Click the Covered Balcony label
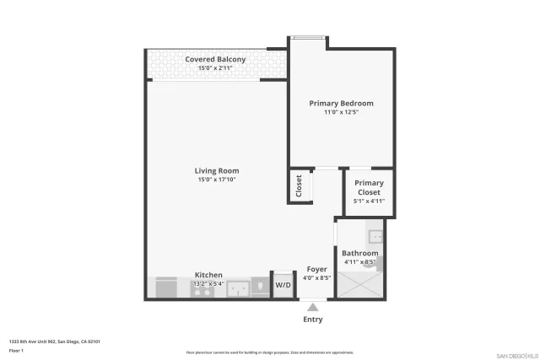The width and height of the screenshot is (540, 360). (216, 59)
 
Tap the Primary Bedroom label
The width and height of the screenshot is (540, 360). (341, 104)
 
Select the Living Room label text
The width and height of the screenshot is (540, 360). (217, 171)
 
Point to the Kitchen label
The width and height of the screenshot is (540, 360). (208, 275)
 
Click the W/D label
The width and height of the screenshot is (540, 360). (283, 286)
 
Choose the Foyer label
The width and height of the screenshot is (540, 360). (316, 269)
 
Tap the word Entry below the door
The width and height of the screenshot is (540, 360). (312, 320)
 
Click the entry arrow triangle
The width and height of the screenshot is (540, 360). (313, 307)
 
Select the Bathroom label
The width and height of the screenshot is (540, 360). (359, 253)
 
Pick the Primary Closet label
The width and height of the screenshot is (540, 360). (369, 187)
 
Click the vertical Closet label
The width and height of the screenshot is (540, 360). (299, 186)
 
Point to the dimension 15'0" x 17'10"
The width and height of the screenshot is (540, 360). (217, 180)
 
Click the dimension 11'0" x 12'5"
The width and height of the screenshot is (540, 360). (341, 112)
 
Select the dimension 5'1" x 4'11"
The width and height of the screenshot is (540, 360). (369, 201)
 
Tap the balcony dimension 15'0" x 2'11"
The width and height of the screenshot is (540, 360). (216, 67)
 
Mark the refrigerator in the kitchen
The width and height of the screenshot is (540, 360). (165, 287)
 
